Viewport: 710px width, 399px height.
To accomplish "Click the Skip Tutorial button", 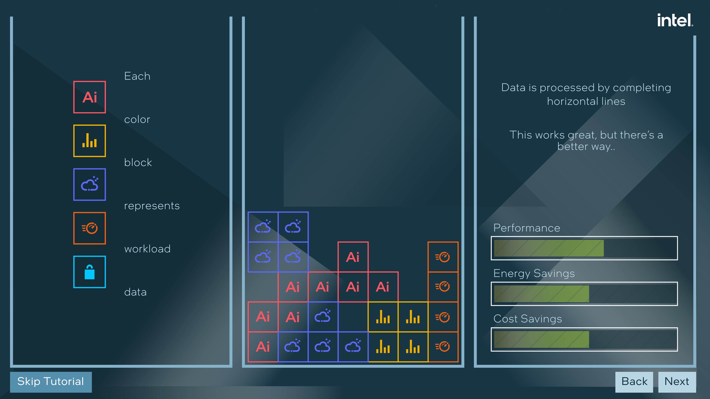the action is click(x=51, y=382).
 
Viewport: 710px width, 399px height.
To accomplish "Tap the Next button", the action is click(x=677, y=382).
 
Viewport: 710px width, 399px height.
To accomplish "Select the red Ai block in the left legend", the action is click(x=89, y=97).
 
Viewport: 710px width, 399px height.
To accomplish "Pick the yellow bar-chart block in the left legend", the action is click(x=89, y=141).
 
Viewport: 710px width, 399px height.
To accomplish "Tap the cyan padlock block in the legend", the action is click(x=89, y=272).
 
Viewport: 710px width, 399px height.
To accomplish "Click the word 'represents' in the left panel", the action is click(x=152, y=206).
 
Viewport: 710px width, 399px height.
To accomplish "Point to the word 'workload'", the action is click(x=147, y=249).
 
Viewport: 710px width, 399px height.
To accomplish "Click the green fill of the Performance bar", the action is click(x=548, y=248).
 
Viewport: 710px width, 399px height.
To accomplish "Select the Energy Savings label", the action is click(x=534, y=273).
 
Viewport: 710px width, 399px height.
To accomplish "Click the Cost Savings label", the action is click(x=528, y=319).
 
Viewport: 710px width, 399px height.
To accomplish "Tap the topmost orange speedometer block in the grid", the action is click(x=443, y=257).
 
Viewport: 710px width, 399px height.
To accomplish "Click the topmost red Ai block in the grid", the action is click(x=353, y=257).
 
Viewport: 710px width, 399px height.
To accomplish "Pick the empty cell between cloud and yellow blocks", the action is click(x=353, y=317).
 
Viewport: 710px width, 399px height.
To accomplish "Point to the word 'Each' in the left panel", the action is click(x=137, y=76).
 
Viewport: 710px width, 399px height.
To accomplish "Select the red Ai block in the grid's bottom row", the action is click(x=263, y=347).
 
